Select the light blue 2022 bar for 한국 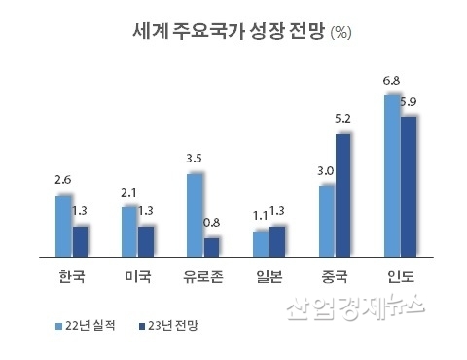(63, 225)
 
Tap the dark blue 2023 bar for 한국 (81, 240)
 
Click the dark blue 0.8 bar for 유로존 (212, 245)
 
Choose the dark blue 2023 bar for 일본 (278, 240)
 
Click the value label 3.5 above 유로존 (194, 157)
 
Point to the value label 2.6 (63, 179)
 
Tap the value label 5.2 (343, 118)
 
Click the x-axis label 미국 (137, 275)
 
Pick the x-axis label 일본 (269, 275)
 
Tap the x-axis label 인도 (400, 275)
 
